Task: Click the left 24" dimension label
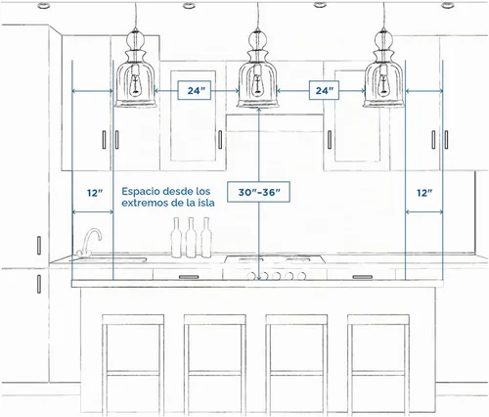pyautogui.click(x=195, y=90)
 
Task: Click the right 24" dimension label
pyautogui.click(x=324, y=90)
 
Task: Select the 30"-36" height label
pyautogui.click(x=258, y=192)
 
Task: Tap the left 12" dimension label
pyautogui.click(x=95, y=193)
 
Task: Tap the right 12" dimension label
pyautogui.click(x=424, y=193)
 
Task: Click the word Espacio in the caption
pyautogui.click(x=141, y=192)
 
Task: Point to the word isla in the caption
pyautogui.click(x=206, y=203)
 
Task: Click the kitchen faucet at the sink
pyautogui.click(x=89, y=242)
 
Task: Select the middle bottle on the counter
pyautogui.click(x=191, y=238)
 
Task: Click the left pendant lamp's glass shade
pyautogui.click(x=135, y=84)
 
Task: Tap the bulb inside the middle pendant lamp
pyautogui.click(x=258, y=85)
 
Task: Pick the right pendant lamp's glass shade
pyautogui.click(x=383, y=84)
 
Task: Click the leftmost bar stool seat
pyautogui.click(x=133, y=319)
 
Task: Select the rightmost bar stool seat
pyautogui.click(x=378, y=319)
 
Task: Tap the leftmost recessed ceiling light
pyautogui.click(x=44, y=5)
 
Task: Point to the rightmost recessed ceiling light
pyautogui.click(x=448, y=5)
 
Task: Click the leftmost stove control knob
pyautogui.click(x=251, y=276)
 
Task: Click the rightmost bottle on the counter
pyautogui.click(x=206, y=238)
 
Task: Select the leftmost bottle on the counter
pyautogui.click(x=176, y=238)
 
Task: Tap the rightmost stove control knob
pyautogui.click(x=301, y=276)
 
